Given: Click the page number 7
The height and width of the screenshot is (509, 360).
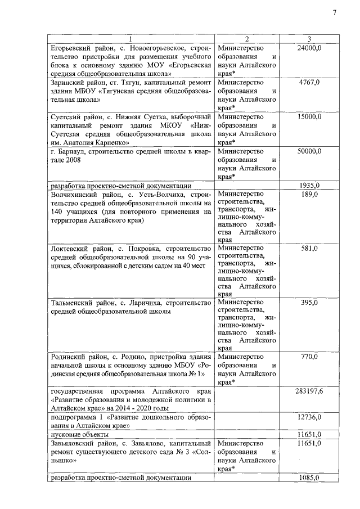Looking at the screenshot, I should pyautogui.click(x=334, y=13).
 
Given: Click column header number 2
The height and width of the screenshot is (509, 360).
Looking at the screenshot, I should pyautogui.click(x=246, y=39).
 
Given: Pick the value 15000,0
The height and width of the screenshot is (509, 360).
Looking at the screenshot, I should pyautogui.click(x=309, y=116).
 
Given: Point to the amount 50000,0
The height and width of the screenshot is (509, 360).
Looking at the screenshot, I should pyautogui.click(x=309, y=151).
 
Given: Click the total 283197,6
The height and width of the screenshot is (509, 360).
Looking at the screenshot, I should pyautogui.click(x=309, y=391).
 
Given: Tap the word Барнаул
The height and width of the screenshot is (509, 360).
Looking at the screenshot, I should pyautogui.click(x=73, y=151).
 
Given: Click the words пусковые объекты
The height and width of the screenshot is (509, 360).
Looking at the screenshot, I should pyautogui.click(x=77, y=434).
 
